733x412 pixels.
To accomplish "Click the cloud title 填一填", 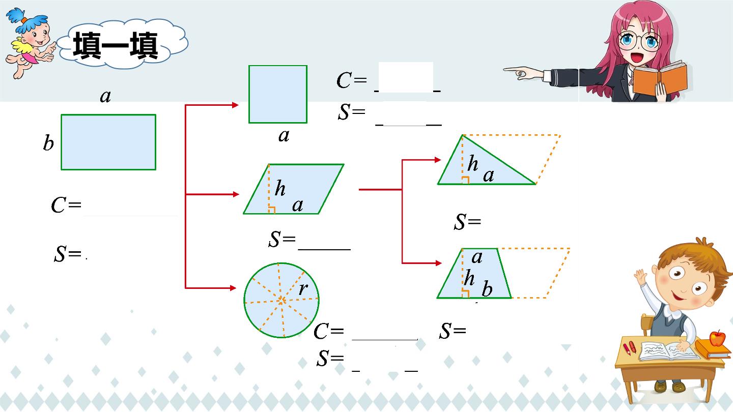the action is pos(115,45).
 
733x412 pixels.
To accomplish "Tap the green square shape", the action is pos(278,94).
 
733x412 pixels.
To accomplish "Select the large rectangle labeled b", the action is pos(108,142).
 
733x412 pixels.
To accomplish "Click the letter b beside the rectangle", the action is pos(48,143).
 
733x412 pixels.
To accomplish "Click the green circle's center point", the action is pos(281,301).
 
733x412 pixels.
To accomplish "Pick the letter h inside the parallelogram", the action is pos(280,188).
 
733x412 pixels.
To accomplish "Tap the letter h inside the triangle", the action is pos(473,163).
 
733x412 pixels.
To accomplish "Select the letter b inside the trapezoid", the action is pos(487,289).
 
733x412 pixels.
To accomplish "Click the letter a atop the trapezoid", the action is pos(477,257).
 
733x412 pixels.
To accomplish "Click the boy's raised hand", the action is pos(640,277).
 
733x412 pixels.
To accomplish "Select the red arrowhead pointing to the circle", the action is pos(233,288).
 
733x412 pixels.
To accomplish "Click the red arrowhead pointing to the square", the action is pos(235,105).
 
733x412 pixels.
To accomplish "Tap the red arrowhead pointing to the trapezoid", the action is pos(438,263).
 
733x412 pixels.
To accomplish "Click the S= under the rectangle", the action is pos(68,254).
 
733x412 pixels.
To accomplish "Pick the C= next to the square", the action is pos(352,80).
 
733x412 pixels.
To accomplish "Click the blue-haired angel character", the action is pos(30,43).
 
